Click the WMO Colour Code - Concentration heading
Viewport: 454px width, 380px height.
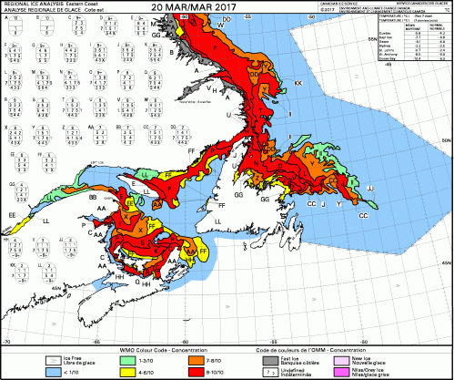(x=160, y=350)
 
